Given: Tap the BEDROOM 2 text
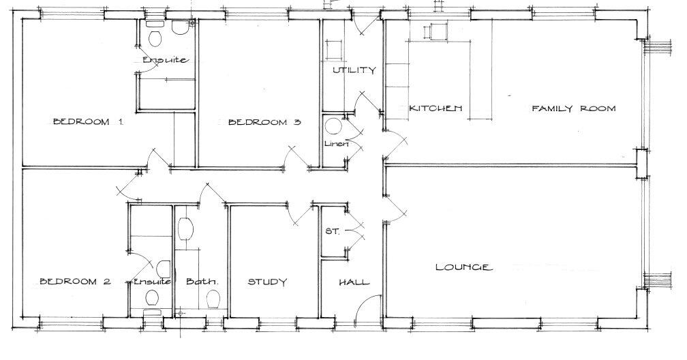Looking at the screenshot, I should click(x=74, y=282).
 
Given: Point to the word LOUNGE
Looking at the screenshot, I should click(x=463, y=267).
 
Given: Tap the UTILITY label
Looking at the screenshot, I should click(x=354, y=70).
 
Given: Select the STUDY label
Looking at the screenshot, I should click(x=266, y=282).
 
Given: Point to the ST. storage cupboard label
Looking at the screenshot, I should click(x=332, y=231).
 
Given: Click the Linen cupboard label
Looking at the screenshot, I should click(x=337, y=144).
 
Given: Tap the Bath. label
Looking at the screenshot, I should click(x=202, y=282).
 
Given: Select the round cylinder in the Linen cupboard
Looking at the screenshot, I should click(x=333, y=127).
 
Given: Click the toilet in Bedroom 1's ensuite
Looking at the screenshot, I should click(x=154, y=35).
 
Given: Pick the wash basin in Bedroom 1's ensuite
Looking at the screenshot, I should click(x=180, y=27).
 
